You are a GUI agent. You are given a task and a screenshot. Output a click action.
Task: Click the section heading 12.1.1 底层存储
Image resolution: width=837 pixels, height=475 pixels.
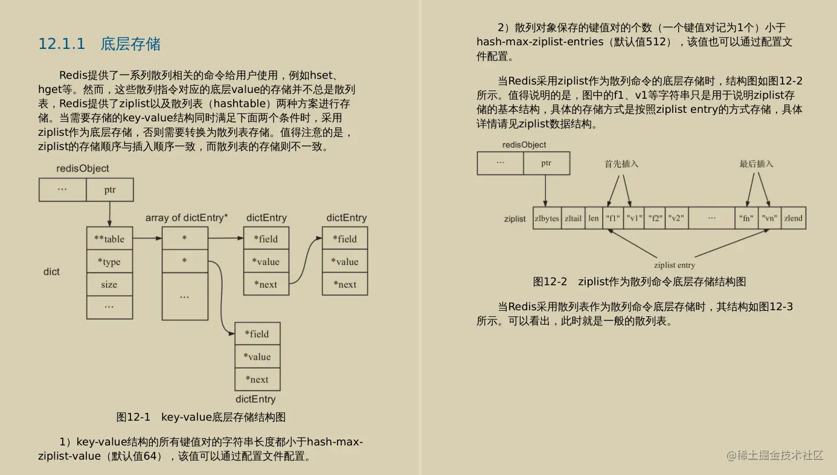[99, 44]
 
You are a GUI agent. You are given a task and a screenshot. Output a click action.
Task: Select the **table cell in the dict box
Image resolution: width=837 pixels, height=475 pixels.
[109, 238]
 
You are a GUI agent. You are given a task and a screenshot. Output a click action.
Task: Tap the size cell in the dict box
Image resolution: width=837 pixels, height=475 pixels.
[109, 284]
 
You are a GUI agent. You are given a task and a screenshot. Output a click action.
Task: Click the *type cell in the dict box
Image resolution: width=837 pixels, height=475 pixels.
[109, 261]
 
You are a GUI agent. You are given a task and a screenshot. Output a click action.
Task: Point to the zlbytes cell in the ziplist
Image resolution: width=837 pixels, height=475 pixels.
[547, 218]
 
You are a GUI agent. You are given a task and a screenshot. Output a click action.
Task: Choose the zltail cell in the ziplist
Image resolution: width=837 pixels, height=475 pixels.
[573, 218]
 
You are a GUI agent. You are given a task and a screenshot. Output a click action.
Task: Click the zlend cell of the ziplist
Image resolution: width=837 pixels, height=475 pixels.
[794, 218]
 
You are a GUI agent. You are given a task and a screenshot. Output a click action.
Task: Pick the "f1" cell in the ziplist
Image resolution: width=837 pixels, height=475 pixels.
[613, 218]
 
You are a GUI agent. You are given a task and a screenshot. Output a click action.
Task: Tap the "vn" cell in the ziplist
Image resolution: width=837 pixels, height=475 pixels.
[769, 218]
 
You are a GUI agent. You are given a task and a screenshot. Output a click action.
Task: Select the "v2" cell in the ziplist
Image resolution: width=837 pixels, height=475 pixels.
[676, 218]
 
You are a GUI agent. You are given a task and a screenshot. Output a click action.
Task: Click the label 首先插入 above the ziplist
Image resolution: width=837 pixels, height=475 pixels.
[621, 164]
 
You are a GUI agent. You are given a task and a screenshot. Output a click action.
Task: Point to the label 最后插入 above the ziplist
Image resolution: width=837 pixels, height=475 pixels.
[756, 164]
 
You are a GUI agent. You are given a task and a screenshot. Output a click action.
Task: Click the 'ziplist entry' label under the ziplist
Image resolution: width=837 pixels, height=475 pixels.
[674, 265]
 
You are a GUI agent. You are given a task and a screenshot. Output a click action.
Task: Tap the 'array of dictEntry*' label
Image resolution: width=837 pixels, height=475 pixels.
[187, 218]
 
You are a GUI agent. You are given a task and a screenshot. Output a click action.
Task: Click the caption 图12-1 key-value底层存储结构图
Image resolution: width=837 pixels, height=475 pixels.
[200, 417]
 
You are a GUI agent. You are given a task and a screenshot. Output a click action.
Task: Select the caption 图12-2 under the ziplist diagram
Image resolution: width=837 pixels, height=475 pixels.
[640, 282]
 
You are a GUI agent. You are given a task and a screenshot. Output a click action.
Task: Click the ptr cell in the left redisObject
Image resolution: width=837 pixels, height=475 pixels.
[109, 190]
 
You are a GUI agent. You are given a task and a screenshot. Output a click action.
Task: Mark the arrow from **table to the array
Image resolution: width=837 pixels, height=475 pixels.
[147, 238]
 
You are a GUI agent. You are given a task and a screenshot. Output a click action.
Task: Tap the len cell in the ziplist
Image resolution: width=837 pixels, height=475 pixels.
[594, 218]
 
